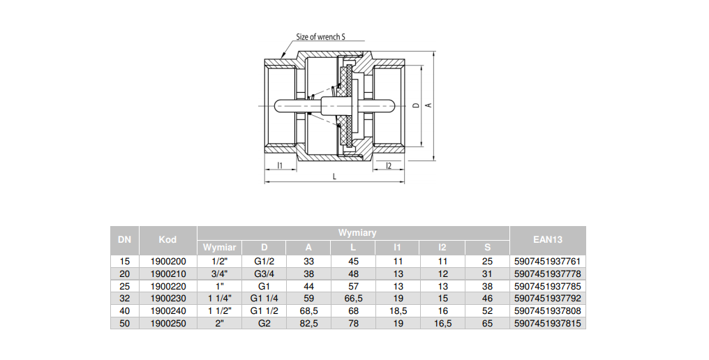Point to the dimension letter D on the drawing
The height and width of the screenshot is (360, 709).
click(x=416, y=105)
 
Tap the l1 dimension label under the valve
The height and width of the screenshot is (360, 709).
click(x=279, y=165)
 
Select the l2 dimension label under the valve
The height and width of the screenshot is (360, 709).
click(x=388, y=165)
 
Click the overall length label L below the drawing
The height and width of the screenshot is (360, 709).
click(x=334, y=177)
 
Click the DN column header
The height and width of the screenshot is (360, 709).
click(x=125, y=239)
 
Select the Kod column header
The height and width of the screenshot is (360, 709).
click(x=167, y=239)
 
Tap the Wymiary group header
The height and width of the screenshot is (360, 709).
click(x=357, y=232)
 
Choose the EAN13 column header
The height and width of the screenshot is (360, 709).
click(x=547, y=239)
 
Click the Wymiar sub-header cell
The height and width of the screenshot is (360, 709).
click(x=220, y=247)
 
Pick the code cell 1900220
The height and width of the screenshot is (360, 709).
click(x=167, y=286)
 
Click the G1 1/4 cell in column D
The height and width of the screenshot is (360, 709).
click(x=264, y=299)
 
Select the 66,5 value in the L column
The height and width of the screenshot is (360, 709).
click(x=353, y=299)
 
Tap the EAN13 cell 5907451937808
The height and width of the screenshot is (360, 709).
click(x=547, y=311)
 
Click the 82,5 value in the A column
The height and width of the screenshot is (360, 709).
click(x=308, y=324)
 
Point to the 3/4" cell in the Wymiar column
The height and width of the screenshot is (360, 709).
click(x=220, y=273)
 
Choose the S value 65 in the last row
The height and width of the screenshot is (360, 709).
click(x=487, y=324)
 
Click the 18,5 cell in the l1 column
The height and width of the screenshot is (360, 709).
click(x=398, y=311)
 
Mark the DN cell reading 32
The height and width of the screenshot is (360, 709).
click(x=125, y=299)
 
